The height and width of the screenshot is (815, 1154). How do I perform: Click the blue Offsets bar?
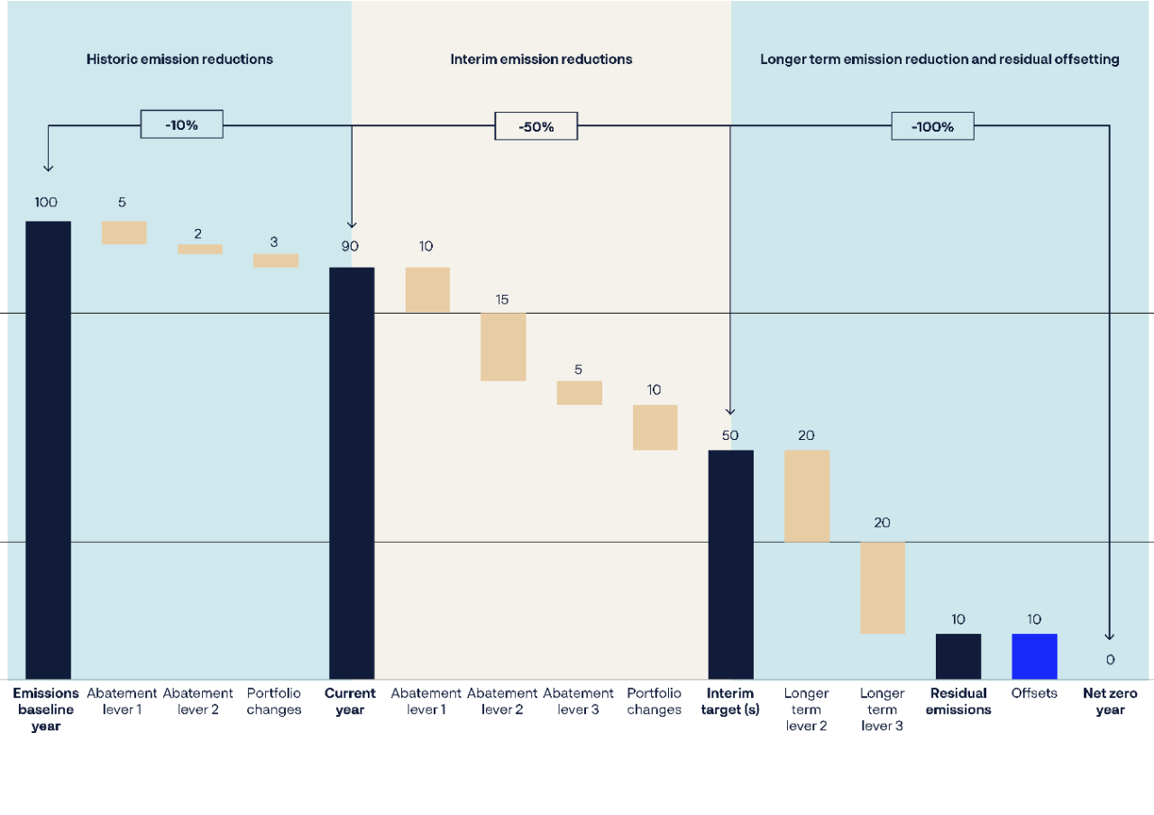pyautogui.click(x=1034, y=656)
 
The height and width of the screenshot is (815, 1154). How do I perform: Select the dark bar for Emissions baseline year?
pyautogui.click(x=48, y=450)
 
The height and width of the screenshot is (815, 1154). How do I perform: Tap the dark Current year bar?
pyautogui.click(x=352, y=473)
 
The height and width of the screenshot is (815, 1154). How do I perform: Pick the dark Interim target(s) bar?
pyautogui.click(x=730, y=564)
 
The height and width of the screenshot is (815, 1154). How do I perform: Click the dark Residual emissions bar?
pyautogui.click(x=958, y=656)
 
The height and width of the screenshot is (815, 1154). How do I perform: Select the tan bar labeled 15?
pyautogui.click(x=503, y=347)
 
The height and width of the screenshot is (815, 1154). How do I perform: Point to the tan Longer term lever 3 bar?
pyautogui.click(x=883, y=588)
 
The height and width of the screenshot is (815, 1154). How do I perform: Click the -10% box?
pyautogui.click(x=181, y=124)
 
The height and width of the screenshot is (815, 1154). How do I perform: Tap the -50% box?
pyautogui.click(x=536, y=126)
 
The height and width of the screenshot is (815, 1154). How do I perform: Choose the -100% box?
pyautogui.click(x=932, y=126)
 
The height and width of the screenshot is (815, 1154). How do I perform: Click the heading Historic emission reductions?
pyautogui.click(x=179, y=60)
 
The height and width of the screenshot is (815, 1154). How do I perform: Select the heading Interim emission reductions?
pyautogui.click(x=541, y=60)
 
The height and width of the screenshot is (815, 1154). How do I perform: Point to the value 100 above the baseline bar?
pyautogui.click(x=46, y=202)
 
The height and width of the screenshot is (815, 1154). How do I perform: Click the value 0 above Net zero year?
pyautogui.click(x=1110, y=660)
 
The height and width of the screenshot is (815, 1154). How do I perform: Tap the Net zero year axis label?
pyautogui.click(x=1110, y=701)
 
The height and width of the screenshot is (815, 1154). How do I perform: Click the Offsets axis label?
pyautogui.click(x=1034, y=693)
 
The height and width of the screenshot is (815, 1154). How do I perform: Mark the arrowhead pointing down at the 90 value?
pyautogui.click(x=352, y=224)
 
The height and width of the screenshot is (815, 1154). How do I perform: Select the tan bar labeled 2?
pyautogui.click(x=199, y=249)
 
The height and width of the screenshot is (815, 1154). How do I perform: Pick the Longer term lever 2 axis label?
pyautogui.click(x=806, y=710)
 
